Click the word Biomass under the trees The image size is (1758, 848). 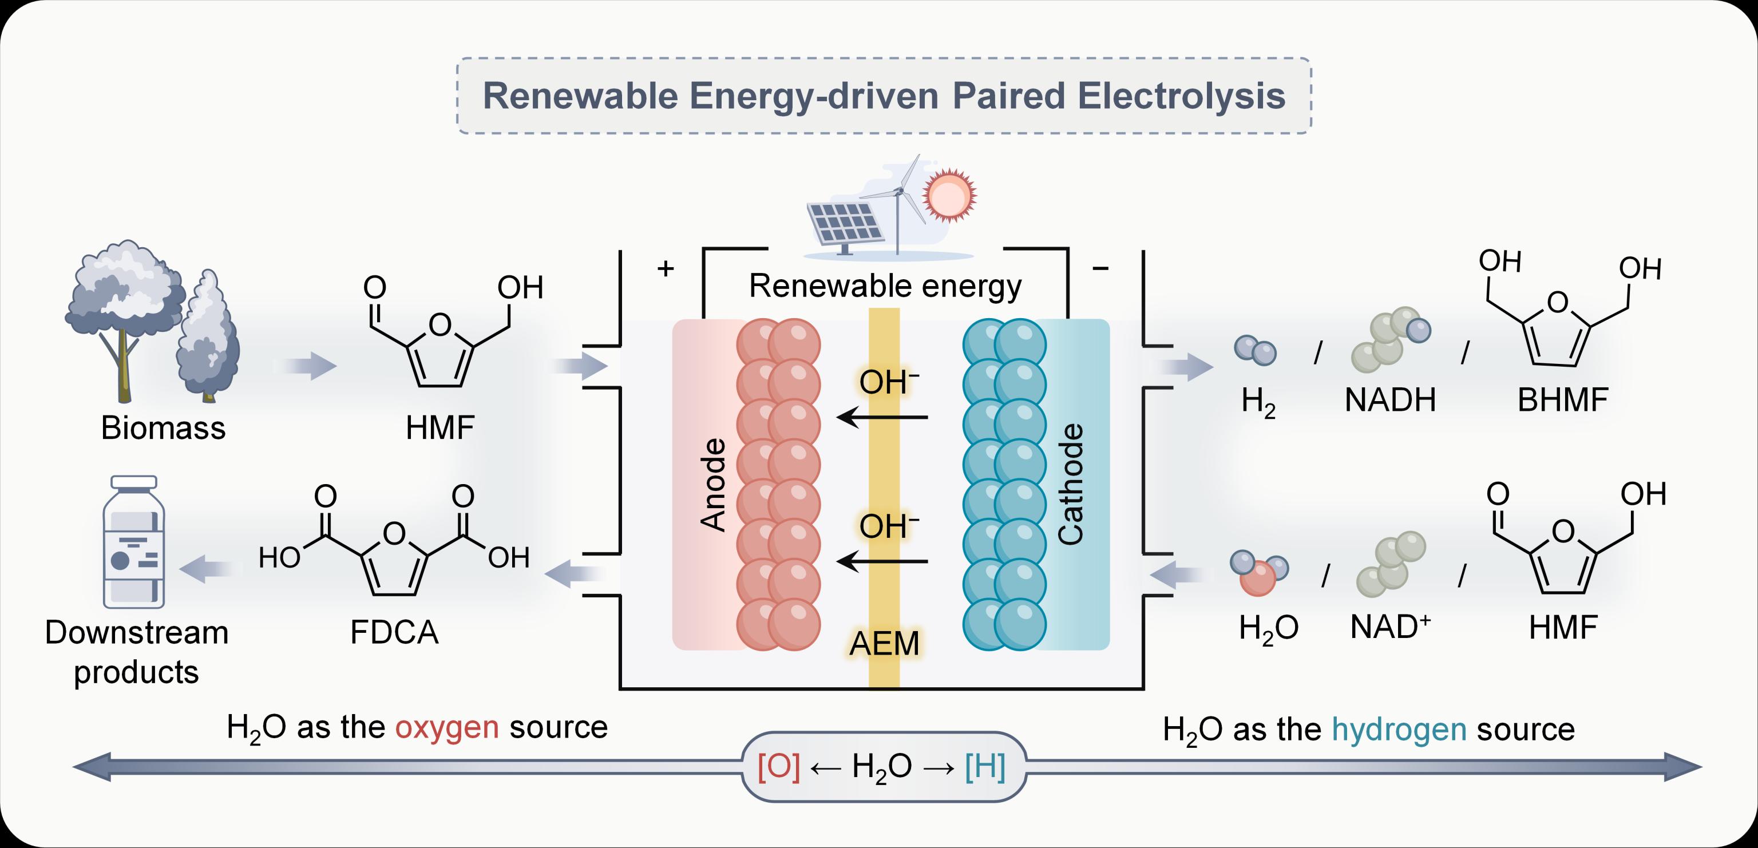163,429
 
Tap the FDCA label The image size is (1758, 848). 394,632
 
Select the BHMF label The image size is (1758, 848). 1562,401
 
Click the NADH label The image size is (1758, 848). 1390,401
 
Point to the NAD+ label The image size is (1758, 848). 1390,627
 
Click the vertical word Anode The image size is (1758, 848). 714,485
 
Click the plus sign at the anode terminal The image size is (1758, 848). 666,268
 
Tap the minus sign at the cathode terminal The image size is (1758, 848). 1100,268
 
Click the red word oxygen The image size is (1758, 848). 447,728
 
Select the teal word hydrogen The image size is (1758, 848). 1399,730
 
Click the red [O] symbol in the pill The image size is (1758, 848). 779,767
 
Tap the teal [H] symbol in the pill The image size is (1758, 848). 985,767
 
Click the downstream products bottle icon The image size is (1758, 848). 134,542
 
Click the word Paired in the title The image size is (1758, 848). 1007,96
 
